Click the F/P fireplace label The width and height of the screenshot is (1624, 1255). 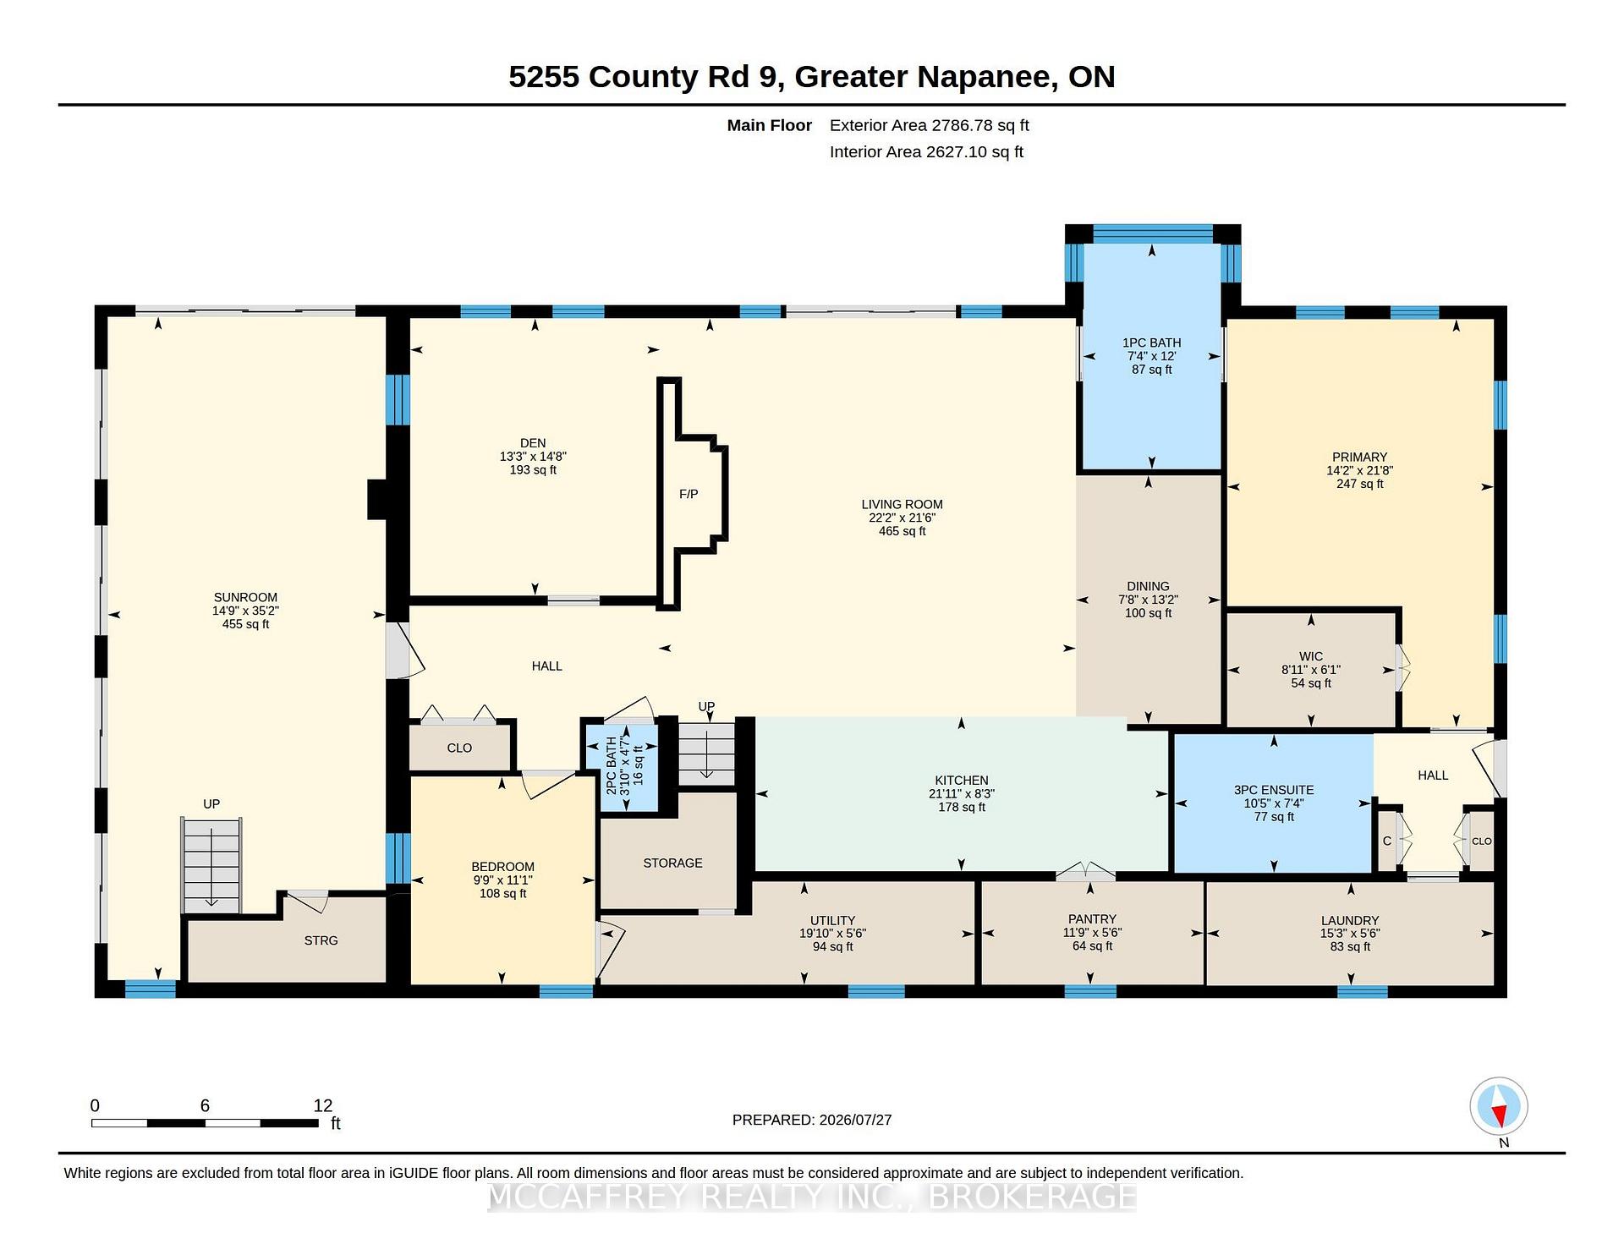pos(689,494)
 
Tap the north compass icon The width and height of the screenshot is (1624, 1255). pos(1499,1106)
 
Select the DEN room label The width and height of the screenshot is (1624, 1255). pos(533,443)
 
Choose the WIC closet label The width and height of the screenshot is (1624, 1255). pos(1311,656)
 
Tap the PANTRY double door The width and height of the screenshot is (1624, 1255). pos(1086,871)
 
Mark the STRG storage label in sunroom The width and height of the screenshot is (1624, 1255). pos(321,940)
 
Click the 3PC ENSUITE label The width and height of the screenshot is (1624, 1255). pos(1274,790)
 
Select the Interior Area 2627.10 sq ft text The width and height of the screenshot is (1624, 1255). pos(926,152)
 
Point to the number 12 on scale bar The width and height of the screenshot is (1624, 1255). pos(322,1105)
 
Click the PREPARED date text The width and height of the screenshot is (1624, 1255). pos(812,1120)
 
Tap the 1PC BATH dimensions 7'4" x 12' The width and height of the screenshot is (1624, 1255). pos(1151,356)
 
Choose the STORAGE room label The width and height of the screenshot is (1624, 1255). pos(672,863)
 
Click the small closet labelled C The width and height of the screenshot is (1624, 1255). pos(1387,841)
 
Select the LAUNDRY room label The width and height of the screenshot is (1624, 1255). pos(1350,920)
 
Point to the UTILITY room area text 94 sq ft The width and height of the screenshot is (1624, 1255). pos(833,947)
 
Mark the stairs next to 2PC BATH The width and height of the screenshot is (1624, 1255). pos(706,753)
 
